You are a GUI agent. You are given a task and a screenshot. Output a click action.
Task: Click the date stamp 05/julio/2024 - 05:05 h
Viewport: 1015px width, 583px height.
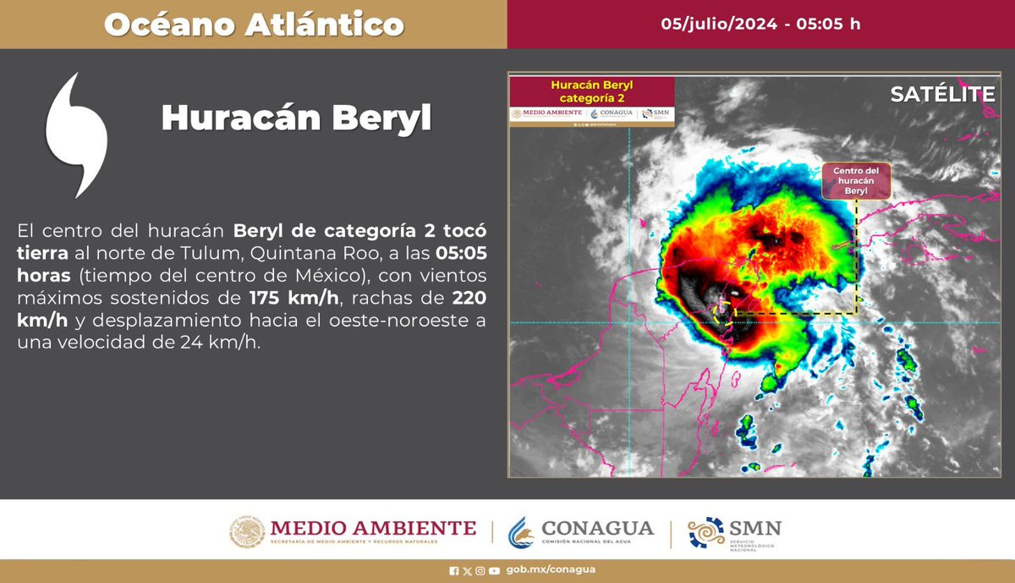tap(760, 24)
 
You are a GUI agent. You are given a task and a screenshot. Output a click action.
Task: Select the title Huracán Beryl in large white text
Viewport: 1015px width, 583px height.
tap(296, 118)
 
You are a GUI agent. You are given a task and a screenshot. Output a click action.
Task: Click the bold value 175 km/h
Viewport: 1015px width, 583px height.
tap(283, 299)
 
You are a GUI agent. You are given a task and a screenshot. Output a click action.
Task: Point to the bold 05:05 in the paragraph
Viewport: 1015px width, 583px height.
tap(460, 253)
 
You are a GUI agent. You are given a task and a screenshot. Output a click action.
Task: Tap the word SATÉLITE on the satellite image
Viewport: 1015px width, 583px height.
tap(942, 95)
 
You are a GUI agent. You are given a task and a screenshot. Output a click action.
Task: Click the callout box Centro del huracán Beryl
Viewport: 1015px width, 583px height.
tap(856, 182)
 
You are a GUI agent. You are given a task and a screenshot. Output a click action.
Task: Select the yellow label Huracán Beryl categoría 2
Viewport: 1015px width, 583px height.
tap(591, 91)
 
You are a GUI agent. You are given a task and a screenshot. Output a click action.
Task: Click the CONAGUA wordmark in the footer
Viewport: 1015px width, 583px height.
tap(597, 529)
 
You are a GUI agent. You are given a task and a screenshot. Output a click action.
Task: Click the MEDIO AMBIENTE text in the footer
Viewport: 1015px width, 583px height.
tap(373, 528)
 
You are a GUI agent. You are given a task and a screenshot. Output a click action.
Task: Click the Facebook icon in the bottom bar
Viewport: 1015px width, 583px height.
tap(454, 569)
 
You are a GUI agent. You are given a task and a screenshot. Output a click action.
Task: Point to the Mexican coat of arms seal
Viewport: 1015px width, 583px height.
tap(247, 532)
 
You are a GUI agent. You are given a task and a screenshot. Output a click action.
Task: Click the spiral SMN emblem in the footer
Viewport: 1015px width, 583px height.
tap(705, 532)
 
